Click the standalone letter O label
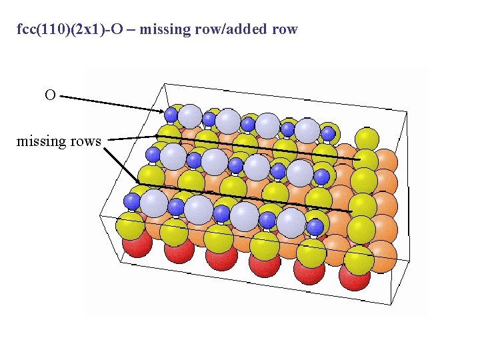(x=50, y=95)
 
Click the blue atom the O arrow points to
(x=171, y=115)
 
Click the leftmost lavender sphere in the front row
(x=154, y=202)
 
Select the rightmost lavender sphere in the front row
(x=291, y=223)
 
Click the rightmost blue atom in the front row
(x=315, y=228)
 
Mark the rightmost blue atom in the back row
(x=328, y=133)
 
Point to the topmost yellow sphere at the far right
(x=367, y=139)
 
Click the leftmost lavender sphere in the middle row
(x=173, y=157)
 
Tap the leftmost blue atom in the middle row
(x=153, y=155)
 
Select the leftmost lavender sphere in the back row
(x=190, y=116)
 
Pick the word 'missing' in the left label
(x=39, y=141)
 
